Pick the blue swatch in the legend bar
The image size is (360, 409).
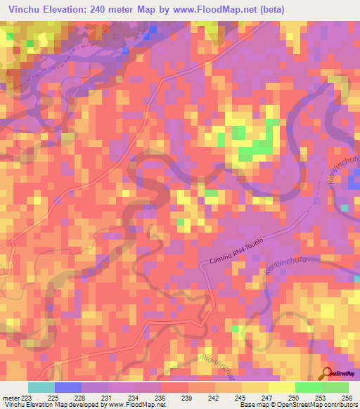pos(67,387)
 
